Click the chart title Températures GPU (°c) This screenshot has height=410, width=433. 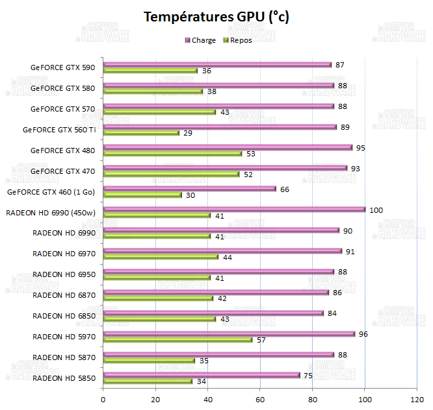(216, 17)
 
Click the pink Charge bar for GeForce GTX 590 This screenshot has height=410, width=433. (216, 65)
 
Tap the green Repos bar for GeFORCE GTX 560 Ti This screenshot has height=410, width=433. (141, 133)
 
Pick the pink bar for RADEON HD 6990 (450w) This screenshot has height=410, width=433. (234, 210)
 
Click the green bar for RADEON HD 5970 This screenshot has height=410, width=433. (177, 339)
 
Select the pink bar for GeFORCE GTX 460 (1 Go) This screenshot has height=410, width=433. (189, 189)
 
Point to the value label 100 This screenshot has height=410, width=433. (376, 210)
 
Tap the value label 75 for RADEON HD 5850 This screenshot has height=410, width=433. (309, 375)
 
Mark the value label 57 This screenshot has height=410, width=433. (262, 339)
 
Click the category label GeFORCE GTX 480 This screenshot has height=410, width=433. (62, 151)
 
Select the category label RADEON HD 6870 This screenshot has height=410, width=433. (64, 295)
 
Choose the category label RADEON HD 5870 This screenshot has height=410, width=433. (64, 357)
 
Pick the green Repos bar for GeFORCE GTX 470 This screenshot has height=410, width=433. (171, 174)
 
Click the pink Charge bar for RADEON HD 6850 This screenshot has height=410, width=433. (213, 313)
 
